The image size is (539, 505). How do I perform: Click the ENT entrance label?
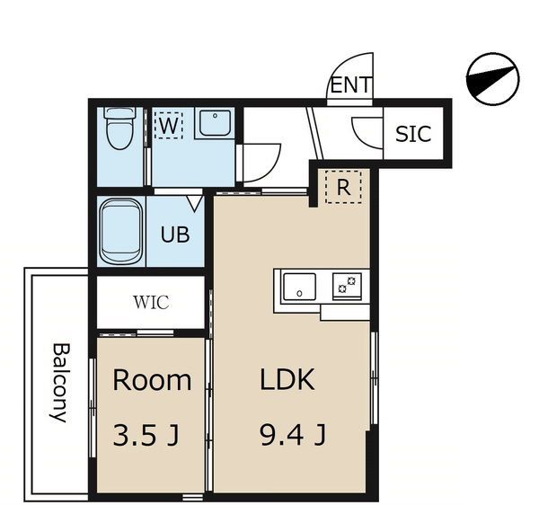coord(351,84)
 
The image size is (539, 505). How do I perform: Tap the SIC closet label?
coord(413,134)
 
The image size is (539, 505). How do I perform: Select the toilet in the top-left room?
coord(119,128)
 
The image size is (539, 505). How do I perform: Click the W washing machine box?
coord(169,125)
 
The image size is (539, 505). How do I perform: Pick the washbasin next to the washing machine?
coord(215,123)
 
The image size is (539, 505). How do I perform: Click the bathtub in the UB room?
coord(121,231)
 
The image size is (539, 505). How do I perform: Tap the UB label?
coord(175,235)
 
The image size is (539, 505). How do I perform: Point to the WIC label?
coord(151,302)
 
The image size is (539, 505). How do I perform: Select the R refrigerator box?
coord(343,187)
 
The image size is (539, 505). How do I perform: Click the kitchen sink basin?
coord(299,287)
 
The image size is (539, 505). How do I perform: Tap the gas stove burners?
coord(347,286)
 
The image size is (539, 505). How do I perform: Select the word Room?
coord(152,380)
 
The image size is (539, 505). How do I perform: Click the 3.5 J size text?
coord(146,435)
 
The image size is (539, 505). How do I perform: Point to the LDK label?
coord(287,379)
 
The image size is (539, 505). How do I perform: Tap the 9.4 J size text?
coord(292,435)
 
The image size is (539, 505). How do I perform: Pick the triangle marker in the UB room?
coord(194,204)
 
